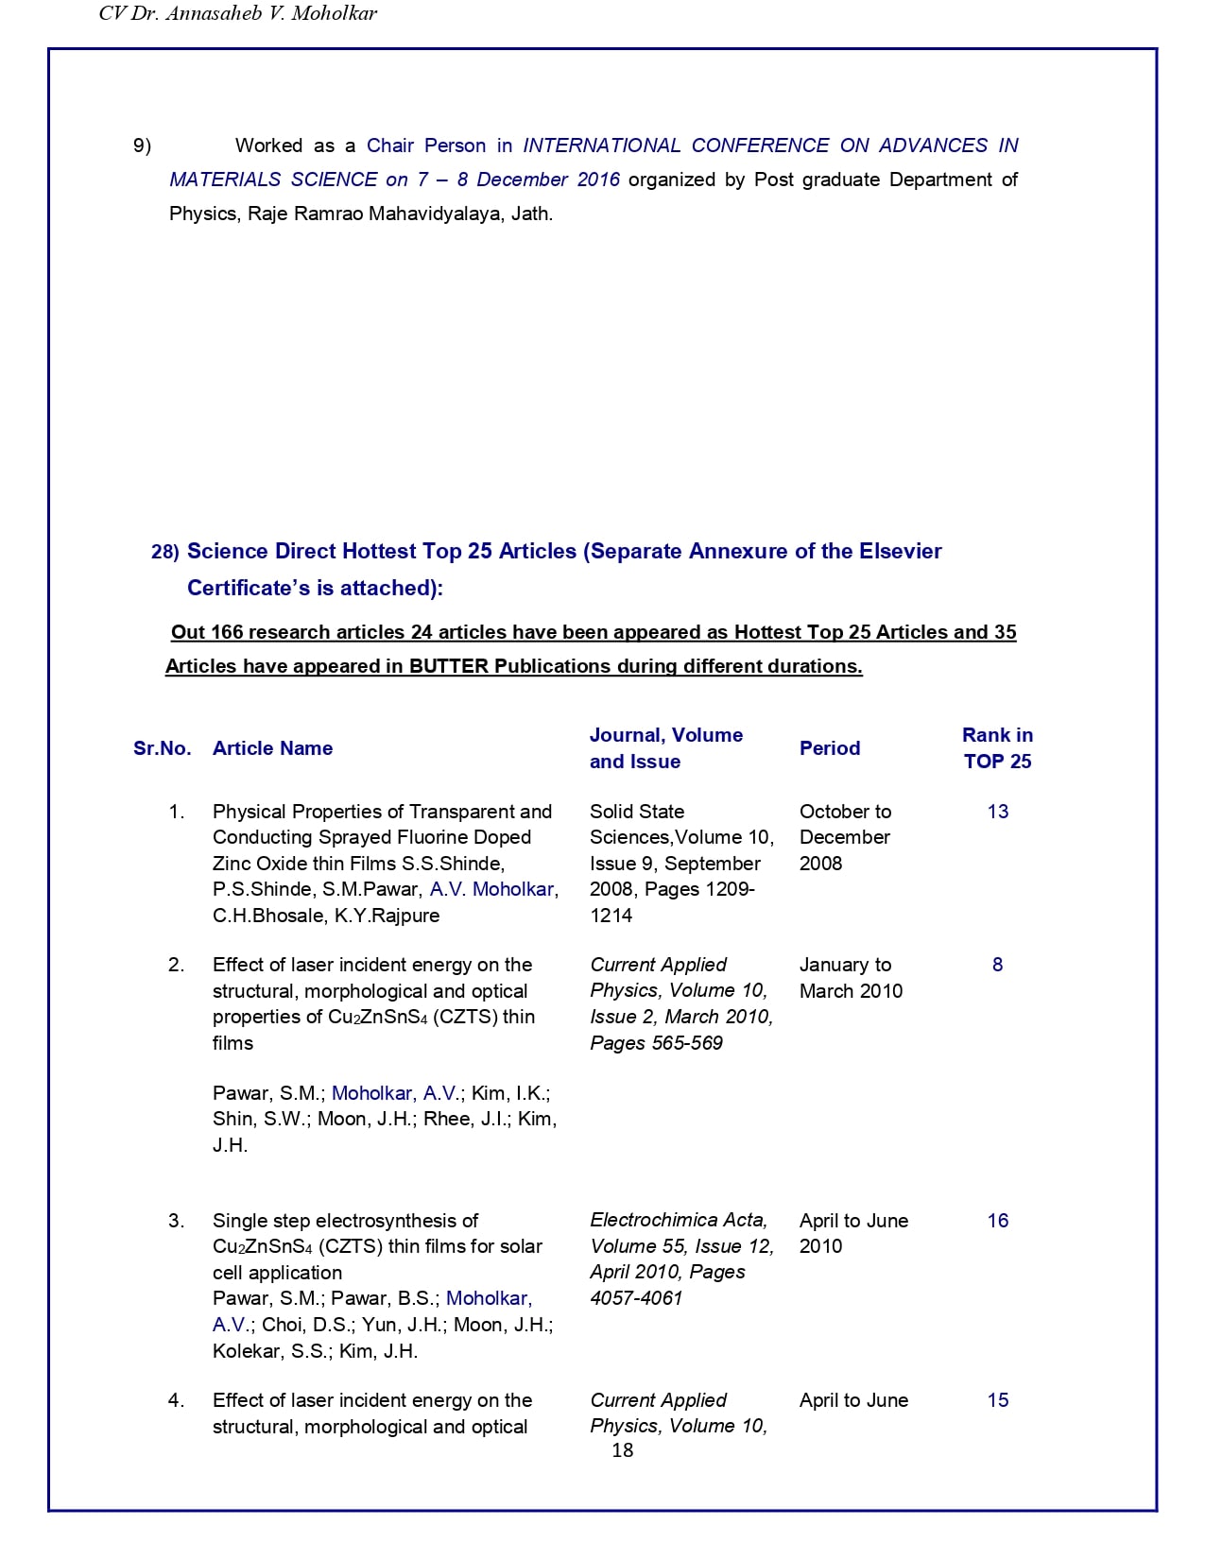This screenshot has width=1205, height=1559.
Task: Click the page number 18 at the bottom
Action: tap(622, 1450)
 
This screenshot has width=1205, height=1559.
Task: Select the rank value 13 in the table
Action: tap(997, 812)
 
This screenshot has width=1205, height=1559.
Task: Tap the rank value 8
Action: tap(997, 965)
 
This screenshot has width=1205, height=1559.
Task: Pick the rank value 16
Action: tap(997, 1221)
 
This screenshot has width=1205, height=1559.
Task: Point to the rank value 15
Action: tap(997, 1400)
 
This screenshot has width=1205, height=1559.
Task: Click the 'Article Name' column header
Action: tap(272, 748)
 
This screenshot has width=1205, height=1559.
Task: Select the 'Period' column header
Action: tap(829, 748)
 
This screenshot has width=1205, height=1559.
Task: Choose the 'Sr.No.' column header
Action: tap(162, 748)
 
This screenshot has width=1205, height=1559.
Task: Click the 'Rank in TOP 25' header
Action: tap(997, 748)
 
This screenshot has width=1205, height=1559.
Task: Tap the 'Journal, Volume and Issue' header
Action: tap(665, 748)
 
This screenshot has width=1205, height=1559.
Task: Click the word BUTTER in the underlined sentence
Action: tap(449, 666)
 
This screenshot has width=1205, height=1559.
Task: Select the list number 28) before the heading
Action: tap(164, 552)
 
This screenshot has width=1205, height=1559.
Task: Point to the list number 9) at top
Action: tap(142, 146)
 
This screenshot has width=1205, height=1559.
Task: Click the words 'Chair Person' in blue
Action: tap(425, 146)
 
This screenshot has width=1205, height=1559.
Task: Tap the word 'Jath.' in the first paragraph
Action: tap(531, 214)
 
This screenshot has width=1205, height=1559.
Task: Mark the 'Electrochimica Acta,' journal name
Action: tap(679, 1221)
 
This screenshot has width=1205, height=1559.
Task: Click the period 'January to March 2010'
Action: tap(850, 978)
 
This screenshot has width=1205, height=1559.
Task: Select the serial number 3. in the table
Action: tap(176, 1221)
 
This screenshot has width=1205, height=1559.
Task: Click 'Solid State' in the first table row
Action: tap(636, 812)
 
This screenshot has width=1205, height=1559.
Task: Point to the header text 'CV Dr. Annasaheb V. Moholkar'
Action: tap(237, 14)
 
